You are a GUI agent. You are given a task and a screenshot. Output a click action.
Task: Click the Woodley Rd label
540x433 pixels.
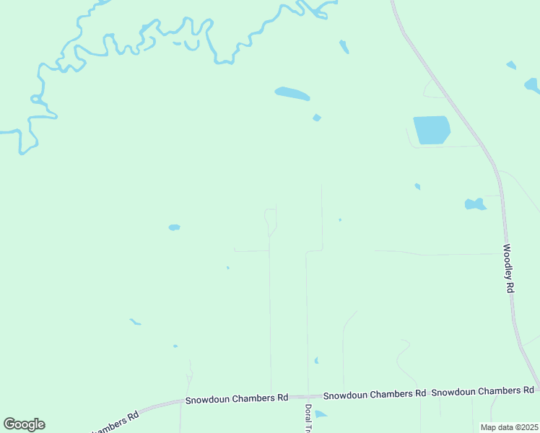tap(508, 267)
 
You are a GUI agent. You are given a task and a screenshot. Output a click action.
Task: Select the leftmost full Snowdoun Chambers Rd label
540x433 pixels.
tap(237, 398)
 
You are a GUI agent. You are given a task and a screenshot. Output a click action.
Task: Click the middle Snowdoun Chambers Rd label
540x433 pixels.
tap(374, 395)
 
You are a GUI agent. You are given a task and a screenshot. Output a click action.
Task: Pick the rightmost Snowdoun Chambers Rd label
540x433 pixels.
tap(482, 390)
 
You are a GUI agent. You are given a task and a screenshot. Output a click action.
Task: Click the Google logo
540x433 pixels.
tap(24, 424)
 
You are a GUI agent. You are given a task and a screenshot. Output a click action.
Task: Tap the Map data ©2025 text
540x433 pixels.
tap(508, 427)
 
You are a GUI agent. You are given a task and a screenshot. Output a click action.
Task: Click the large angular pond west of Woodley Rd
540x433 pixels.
tap(431, 129)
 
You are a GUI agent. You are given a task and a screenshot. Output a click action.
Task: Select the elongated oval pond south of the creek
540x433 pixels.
tap(292, 94)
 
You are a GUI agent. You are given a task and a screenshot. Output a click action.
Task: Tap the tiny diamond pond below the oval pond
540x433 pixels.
tap(316, 118)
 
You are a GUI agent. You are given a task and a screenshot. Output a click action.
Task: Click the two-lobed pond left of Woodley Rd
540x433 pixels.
tap(475, 204)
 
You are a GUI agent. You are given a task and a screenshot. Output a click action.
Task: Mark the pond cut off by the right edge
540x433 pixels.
tap(532, 86)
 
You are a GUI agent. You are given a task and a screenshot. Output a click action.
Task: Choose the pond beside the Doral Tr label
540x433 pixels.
tap(321, 414)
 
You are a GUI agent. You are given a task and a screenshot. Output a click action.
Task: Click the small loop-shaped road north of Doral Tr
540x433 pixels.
tap(270, 219)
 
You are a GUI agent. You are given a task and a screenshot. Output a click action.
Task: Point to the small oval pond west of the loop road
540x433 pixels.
tap(174, 227)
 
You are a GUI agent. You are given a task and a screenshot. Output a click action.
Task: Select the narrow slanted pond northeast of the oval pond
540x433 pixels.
tap(344, 48)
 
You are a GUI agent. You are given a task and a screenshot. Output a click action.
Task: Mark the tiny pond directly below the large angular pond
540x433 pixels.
tap(417, 186)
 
